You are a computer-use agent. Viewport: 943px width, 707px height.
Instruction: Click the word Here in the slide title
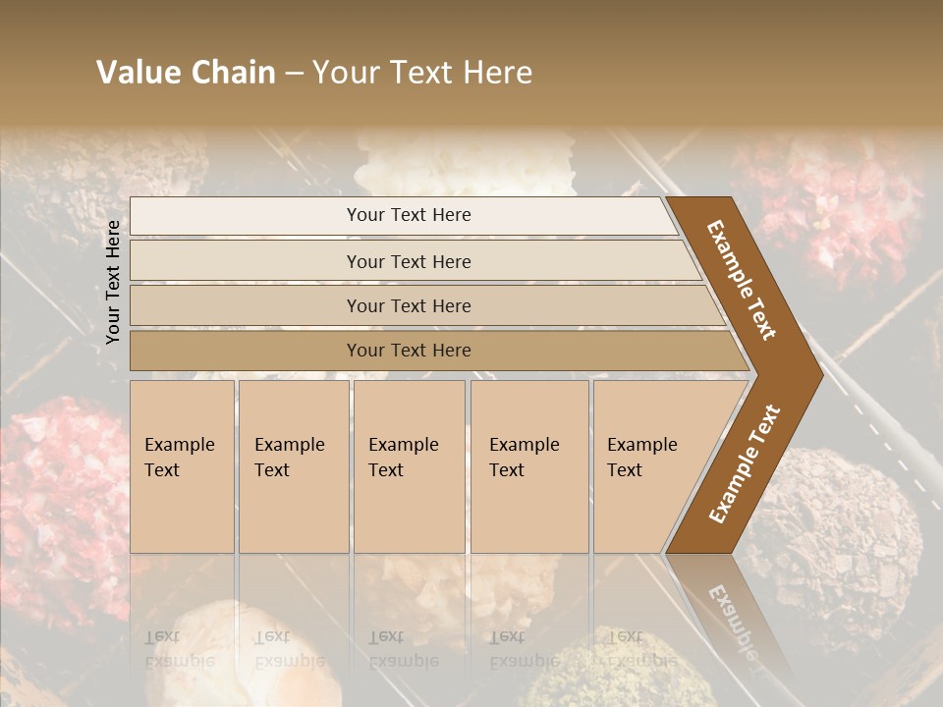pos(500,73)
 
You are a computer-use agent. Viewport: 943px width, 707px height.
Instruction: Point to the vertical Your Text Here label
pos(113,282)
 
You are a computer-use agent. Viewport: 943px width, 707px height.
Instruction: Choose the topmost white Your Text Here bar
pos(408,215)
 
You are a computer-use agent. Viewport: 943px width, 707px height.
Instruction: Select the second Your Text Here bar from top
pos(408,261)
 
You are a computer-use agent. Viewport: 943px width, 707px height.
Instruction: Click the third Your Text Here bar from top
pos(408,305)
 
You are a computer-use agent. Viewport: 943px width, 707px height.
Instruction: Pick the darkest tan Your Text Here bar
pos(408,351)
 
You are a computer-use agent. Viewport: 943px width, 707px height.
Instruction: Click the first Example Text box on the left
pos(182,465)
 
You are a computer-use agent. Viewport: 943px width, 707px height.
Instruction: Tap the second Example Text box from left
pos(293,465)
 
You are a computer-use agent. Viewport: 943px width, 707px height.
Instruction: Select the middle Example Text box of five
pos(409,465)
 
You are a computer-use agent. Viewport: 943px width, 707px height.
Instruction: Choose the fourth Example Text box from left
pos(528,465)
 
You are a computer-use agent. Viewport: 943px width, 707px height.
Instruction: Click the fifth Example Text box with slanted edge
pos(648,465)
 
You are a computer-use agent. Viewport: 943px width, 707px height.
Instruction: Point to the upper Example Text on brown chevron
pos(742,280)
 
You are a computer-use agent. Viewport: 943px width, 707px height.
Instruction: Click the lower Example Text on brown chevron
pos(745,464)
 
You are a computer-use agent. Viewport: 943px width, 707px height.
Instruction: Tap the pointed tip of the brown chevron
pos(817,374)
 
